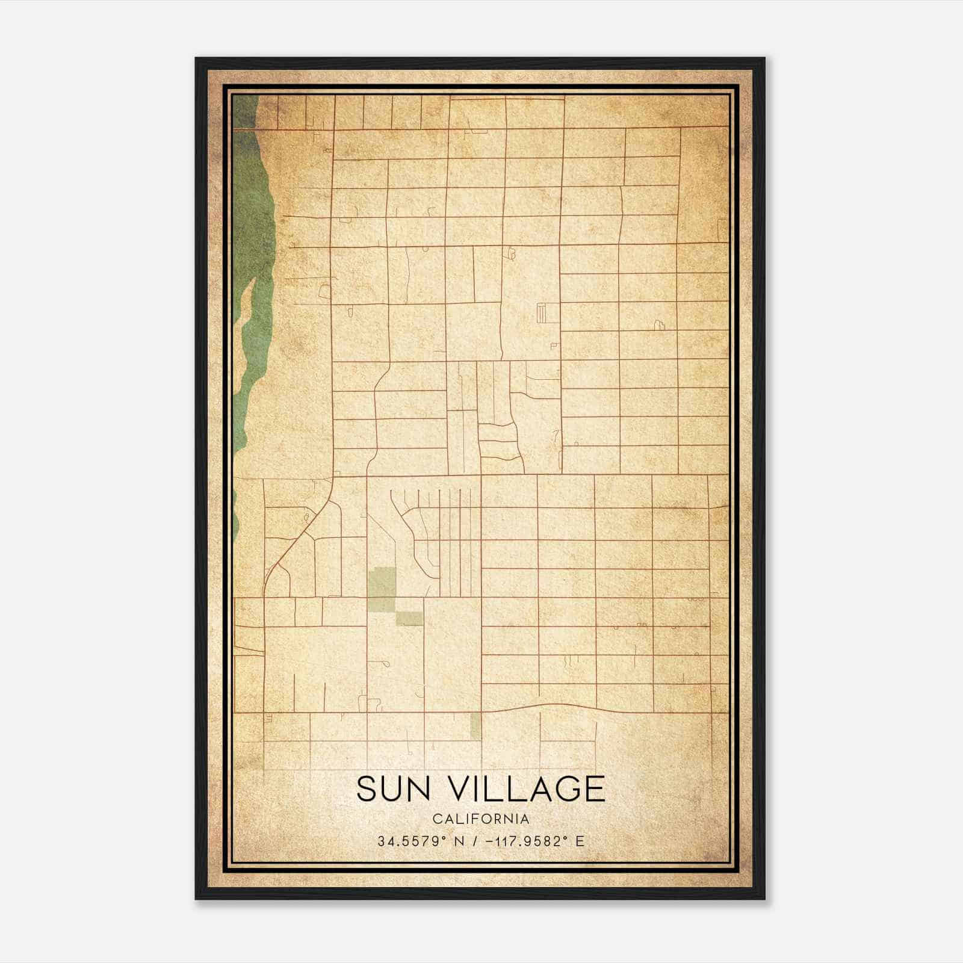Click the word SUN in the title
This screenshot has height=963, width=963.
pyautogui.click(x=394, y=789)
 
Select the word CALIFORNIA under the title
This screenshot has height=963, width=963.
pyautogui.click(x=481, y=819)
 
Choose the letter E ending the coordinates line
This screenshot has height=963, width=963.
pyautogui.click(x=580, y=841)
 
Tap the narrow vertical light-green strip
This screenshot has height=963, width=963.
pyautogui.click(x=475, y=725)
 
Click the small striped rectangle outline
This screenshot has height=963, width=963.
pyautogui.click(x=540, y=313)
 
